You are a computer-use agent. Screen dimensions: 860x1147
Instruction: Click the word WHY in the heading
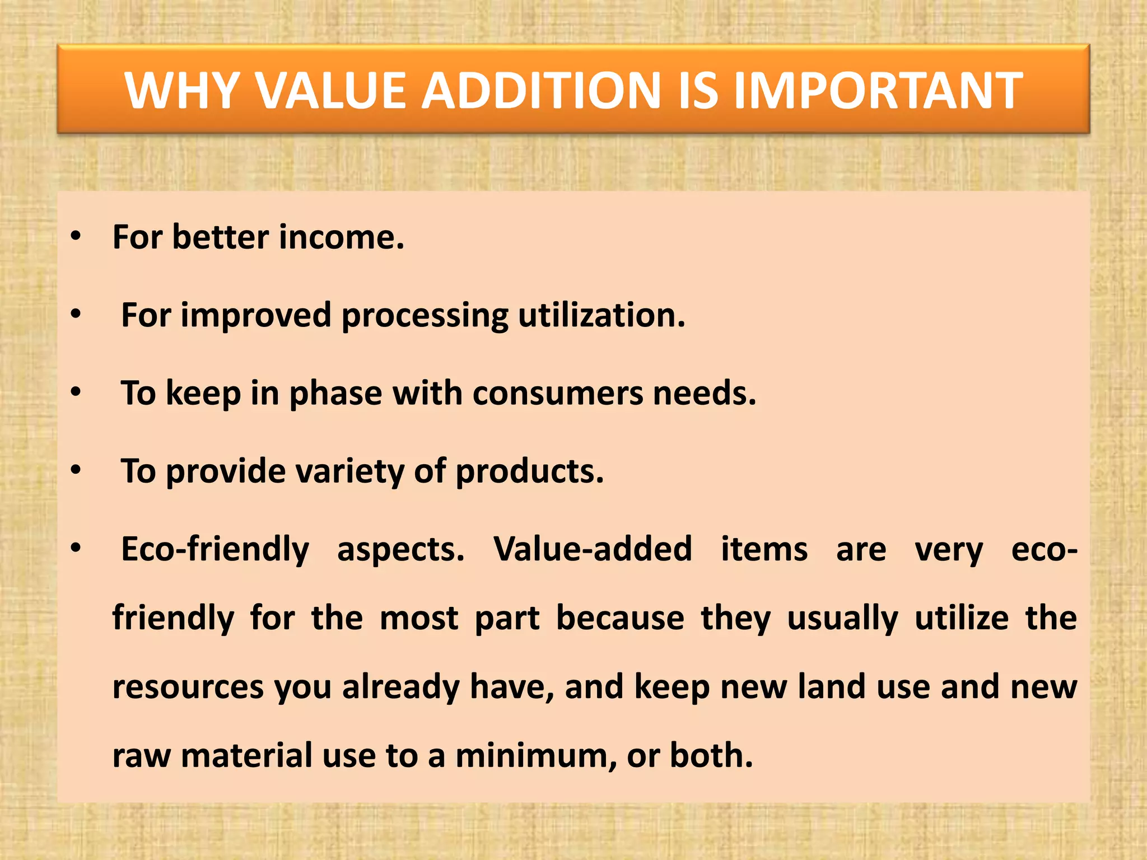point(183,91)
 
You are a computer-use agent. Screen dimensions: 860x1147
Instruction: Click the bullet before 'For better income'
point(76,237)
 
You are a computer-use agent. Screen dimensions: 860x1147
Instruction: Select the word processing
point(425,315)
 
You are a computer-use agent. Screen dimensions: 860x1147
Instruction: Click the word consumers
point(558,393)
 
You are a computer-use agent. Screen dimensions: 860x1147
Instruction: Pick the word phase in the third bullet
point(335,393)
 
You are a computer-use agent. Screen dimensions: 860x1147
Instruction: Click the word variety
point(349,471)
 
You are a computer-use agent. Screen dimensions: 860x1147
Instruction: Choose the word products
point(529,471)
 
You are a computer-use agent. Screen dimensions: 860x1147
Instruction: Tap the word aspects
point(400,550)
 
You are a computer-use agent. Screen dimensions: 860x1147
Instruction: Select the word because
point(619,618)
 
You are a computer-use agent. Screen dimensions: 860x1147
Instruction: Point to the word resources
point(188,687)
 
